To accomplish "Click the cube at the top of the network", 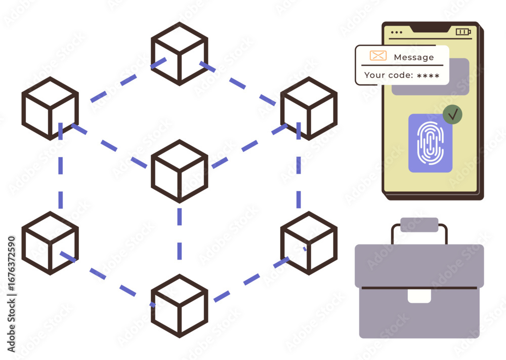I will click(x=179, y=54).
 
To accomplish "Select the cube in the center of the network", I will click(x=179, y=171).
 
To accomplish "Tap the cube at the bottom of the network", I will click(x=179, y=306).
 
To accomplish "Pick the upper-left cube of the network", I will click(x=50, y=108).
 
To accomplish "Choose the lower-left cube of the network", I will click(x=50, y=243).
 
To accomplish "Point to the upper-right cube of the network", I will click(x=309, y=108).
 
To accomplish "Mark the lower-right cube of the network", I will click(x=309, y=243).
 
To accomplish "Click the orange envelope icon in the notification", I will click(x=378, y=56).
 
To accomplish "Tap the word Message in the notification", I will click(x=413, y=57).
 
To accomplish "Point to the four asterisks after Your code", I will click(x=428, y=76).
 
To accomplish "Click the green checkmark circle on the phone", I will click(x=452, y=115).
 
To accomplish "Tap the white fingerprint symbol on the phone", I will click(x=430, y=142).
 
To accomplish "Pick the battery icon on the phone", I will click(x=463, y=32).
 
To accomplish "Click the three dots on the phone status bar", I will click(x=397, y=32).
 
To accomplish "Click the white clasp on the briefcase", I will click(x=419, y=296).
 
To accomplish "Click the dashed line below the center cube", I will click(x=179, y=233).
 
